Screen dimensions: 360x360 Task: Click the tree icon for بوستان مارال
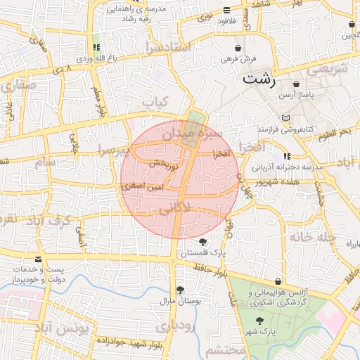tap(181, 289)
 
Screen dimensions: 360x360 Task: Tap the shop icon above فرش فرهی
tap(239, 49)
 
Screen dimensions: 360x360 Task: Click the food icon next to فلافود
tap(226, 11)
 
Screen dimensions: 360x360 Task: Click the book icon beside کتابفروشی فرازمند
tap(284, 118)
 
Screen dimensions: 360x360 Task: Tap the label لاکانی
tap(180, 209)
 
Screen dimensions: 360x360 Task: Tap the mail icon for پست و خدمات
tap(38, 259)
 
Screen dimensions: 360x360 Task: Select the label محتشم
tap(225, 350)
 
